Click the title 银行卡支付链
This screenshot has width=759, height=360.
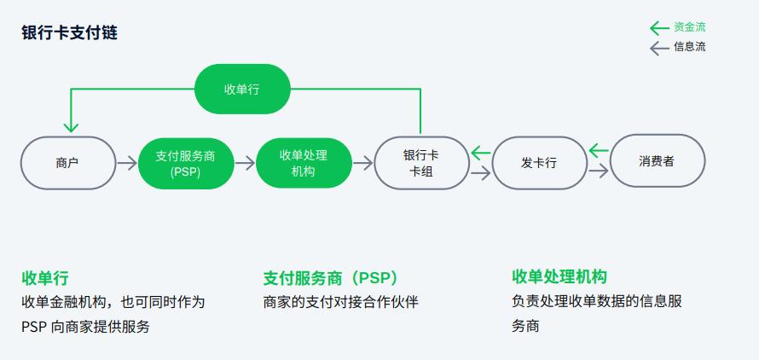tap(69, 33)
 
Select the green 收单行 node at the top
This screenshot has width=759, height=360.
tap(242, 89)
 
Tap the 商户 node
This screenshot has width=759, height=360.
tap(67, 162)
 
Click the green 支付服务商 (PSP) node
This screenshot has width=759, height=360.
tap(185, 163)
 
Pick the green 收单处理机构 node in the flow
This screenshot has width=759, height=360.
tap(303, 162)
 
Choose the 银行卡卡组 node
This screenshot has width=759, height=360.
tap(420, 162)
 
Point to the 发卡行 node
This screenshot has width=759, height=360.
tap(539, 162)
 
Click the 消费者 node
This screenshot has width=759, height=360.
tap(657, 161)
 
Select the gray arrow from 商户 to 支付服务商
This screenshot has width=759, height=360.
tap(126, 162)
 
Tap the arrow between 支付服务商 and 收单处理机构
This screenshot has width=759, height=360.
tap(244, 162)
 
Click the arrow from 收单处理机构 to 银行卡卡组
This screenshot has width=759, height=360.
tap(362, 162)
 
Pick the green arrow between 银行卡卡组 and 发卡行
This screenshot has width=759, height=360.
tap(480, 154)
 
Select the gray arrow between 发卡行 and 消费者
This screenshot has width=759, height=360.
tap(598, 171)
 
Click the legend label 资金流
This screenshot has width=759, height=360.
tap(690, 27)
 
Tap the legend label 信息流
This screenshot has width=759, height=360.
tap(690, 47)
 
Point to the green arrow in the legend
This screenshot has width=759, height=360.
tap(659, 27)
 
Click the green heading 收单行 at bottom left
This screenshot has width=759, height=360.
tap(45, 278)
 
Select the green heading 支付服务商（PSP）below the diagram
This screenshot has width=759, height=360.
tap(331, 278)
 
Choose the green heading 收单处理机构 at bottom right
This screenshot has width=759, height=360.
tap(559, 276)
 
